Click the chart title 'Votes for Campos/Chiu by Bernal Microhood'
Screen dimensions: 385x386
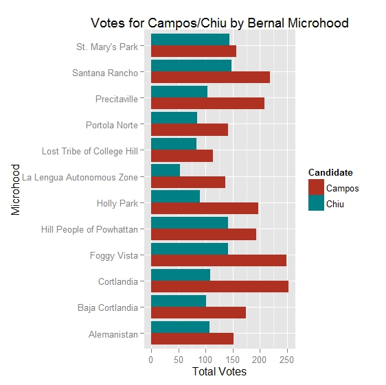(x=220, y=23)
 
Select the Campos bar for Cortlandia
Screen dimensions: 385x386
(x=219, y=287)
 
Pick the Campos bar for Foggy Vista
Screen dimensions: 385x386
(x=218, y=261)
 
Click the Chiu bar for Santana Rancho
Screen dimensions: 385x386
(x=191, y=66)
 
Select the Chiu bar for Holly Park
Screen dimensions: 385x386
(x=175, y=196)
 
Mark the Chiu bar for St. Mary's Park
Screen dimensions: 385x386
(x=190, y=40)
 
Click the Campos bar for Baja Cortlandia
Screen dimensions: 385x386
(x=198, y=313)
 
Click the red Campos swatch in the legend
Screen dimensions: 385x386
(x=316, y=188)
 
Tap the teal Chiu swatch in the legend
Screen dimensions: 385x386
(x=316, y=204)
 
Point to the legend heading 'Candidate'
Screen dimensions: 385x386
(x=330, y=172)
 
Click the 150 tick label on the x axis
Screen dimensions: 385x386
(x=232, y=359)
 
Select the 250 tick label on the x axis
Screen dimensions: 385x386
(x=286, y=359)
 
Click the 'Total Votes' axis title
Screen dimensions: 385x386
(x=219, y=373)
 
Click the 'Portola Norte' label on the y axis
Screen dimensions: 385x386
(x=111, y=125)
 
